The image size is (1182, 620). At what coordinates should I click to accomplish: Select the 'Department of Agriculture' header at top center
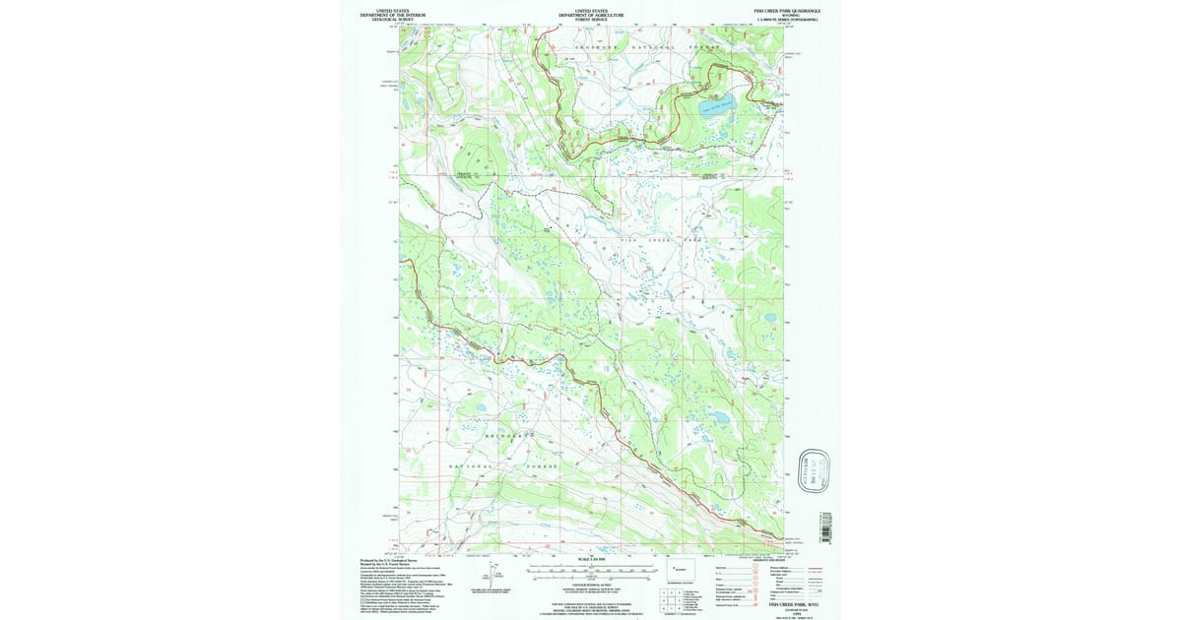tap(591, 16)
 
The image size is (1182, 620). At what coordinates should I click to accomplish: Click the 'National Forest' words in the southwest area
tap(502, 465)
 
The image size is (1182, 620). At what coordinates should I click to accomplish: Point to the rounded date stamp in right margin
tap(815, 469)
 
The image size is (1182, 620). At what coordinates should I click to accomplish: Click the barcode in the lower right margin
tap(825, 527)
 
